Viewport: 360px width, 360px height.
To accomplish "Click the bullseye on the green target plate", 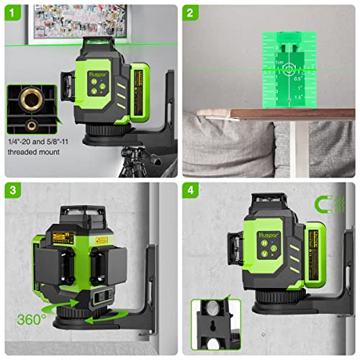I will click(x=289, y=70).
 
